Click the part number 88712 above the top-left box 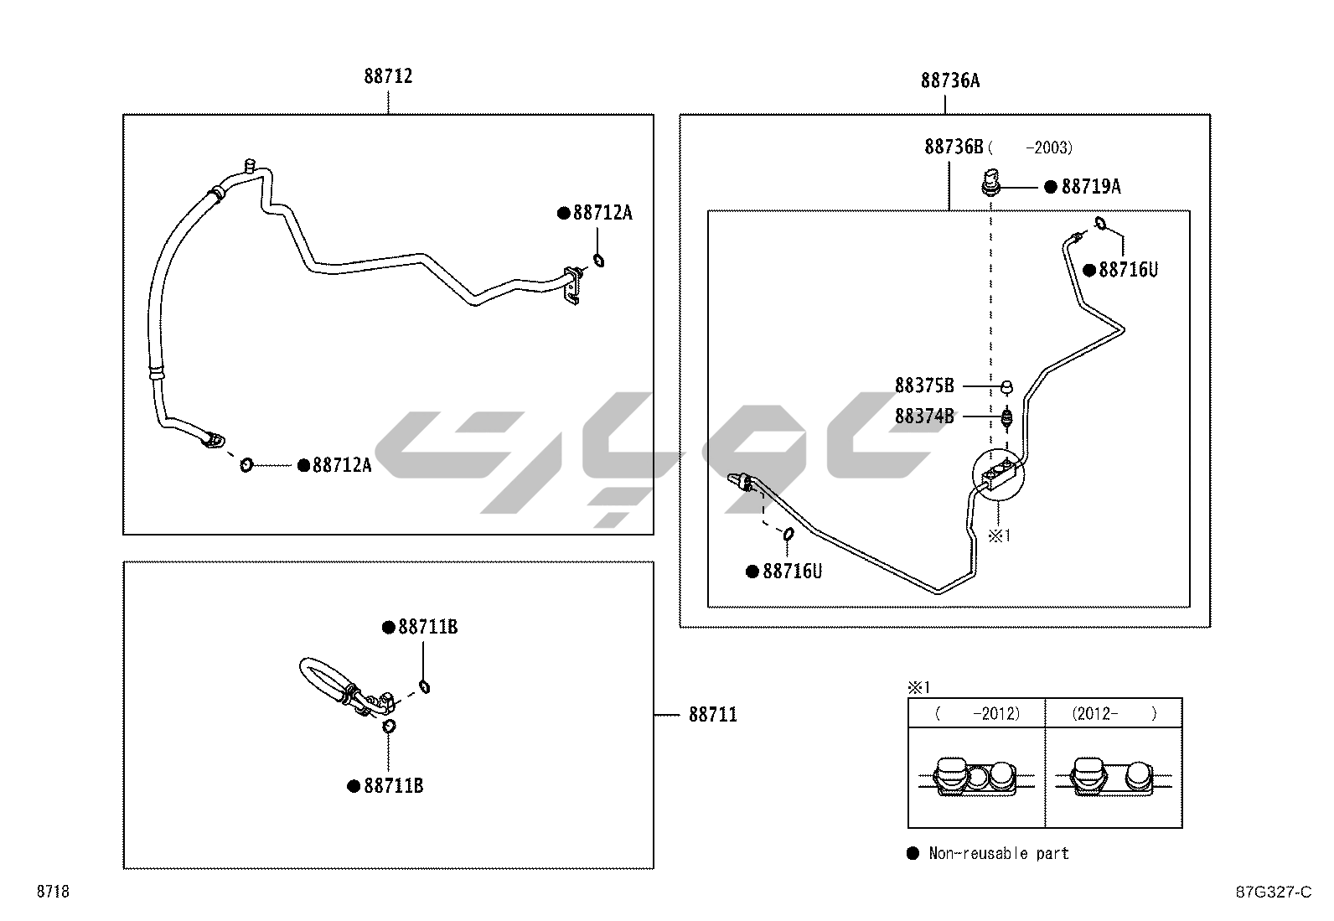pos(388,76)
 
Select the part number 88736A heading pos(949,80)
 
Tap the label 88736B pos(954,147)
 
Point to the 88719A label pos(1090,187)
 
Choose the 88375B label pos(924,385)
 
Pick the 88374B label pos(924,416)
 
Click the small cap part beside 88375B pos(1008,386)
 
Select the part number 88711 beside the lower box pos(713,715)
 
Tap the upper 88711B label pos(427,627)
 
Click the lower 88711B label pos(393,786)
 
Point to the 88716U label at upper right pos(1128,270)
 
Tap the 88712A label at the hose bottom pos(341,465)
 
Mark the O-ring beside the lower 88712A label pos(246,464)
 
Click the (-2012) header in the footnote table pos(977,714)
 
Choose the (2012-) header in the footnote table pos(1114,714)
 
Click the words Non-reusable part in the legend pos(999,854)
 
